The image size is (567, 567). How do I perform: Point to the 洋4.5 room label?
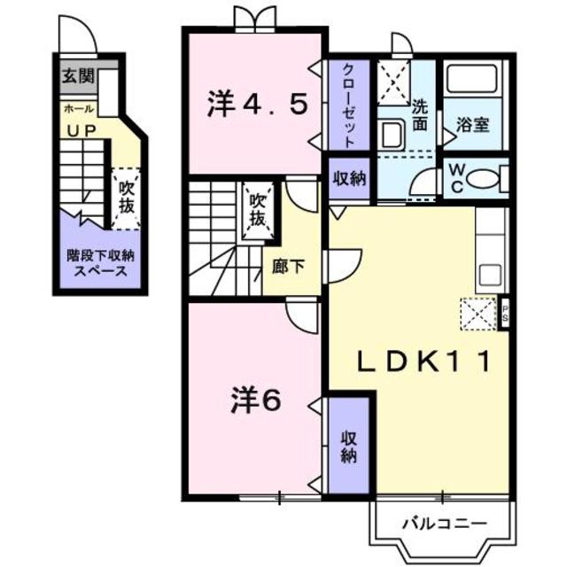coord(257,104)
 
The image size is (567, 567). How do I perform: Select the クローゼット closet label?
coord(346,105)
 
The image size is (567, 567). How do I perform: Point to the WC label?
coord(454,176)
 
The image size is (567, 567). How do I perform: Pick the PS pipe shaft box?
coord(504,311)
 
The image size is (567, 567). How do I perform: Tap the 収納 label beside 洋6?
coord(346,450)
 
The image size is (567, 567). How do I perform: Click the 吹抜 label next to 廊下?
coord(258,208)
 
